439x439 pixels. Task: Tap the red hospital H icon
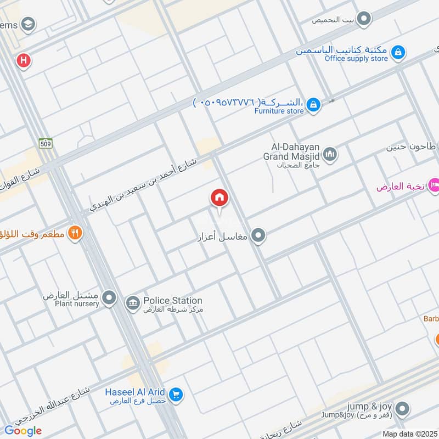(x=23, y=60)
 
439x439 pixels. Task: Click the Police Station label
(x=172, y=301)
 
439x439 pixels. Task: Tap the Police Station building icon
(x=132, y=303)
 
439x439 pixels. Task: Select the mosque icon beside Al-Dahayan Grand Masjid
(x=330, y=154)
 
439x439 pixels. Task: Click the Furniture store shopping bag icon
(x=313, y=104)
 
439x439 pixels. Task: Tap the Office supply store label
(x=356, y=59)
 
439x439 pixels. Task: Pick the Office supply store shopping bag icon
(x=399, y=53)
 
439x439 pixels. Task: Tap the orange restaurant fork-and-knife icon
(x=75, y=233)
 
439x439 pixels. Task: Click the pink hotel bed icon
(x=434, y=185)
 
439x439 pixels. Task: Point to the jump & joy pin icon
(x=403, y=408)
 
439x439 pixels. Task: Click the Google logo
(x=23, y=431)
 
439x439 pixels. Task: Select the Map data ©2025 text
(x=409, y=434)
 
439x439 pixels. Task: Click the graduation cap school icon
(x=27, y=24)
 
